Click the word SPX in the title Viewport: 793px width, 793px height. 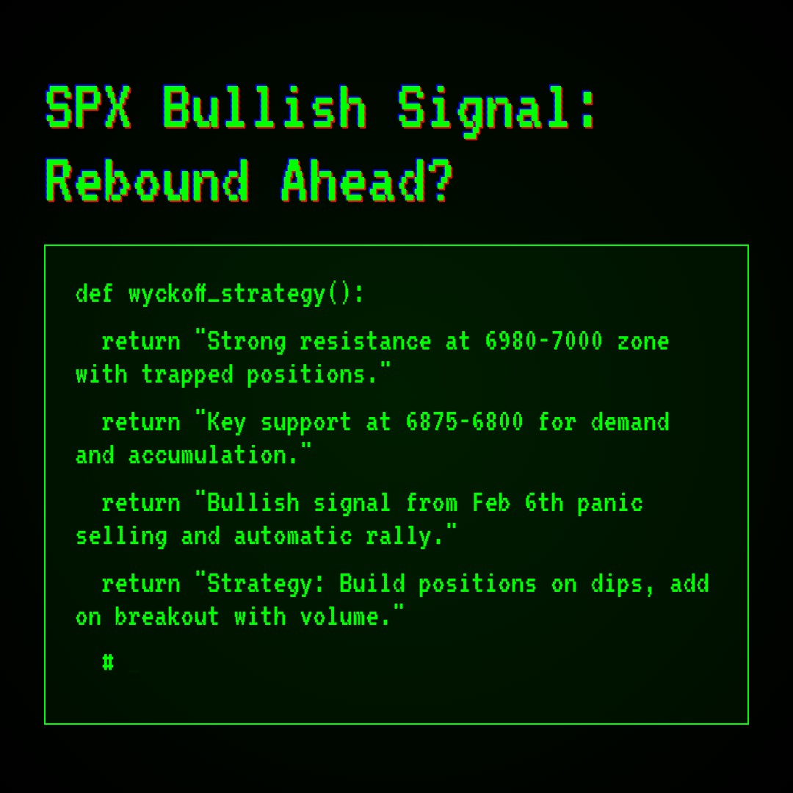click(x=88, y=109)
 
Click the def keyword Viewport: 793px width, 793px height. click(x=94, y=294)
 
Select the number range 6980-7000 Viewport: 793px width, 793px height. click(x=543, y=341)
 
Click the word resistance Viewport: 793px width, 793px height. click(x=365, y=341)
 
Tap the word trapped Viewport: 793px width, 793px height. click(x=187, y=374)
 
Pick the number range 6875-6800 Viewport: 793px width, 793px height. click(x=464, y=422)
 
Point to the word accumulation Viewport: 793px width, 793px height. click(x=213, y=455)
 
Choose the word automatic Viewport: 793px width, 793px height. click(x=292, y=536)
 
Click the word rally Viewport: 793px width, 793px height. click(x=405, y=536)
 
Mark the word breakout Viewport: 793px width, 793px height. click(x=167, y=617)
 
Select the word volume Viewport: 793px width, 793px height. click(x=345, y=617)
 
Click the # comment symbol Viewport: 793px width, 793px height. click(x=108, y=662)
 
